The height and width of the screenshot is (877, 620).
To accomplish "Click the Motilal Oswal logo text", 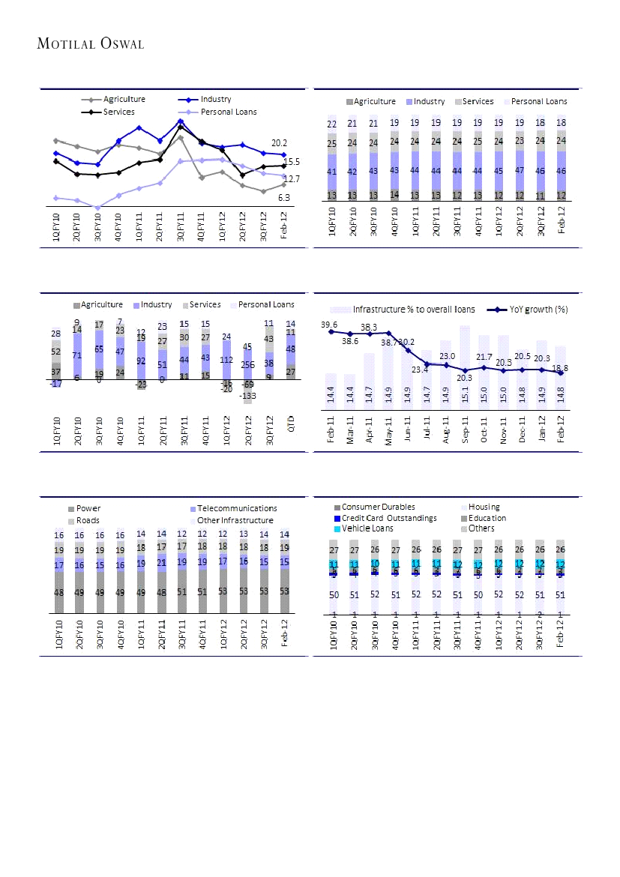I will [x=91, y=43].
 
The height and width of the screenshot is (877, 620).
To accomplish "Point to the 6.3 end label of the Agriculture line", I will [x=284, y=197].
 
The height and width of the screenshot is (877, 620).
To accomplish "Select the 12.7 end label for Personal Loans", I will [x=292, y=179].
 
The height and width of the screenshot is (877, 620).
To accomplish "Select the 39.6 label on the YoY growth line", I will [x=328, y=325].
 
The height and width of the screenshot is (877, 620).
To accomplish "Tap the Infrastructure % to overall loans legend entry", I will [x=414, y=309].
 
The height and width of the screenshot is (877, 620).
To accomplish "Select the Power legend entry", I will [x=88, y=509].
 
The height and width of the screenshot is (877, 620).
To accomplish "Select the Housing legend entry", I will [x=484, y=507].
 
